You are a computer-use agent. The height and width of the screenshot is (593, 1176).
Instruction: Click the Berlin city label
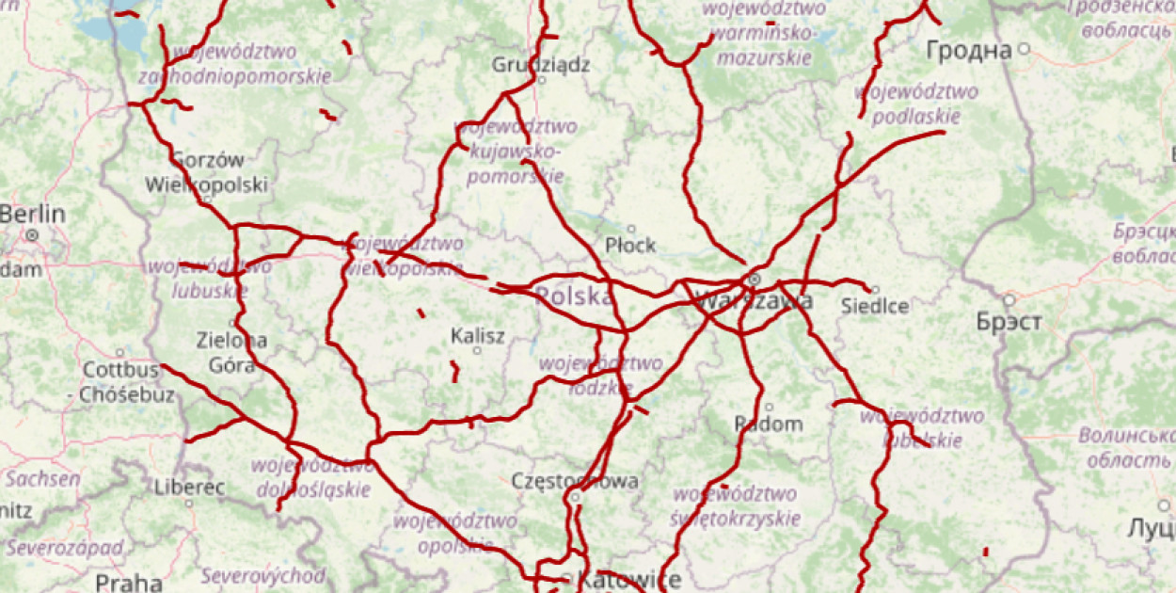[33, 214]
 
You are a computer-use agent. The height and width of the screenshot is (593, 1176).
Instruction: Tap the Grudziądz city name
[541, 65]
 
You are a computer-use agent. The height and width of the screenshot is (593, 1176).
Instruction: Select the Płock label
[630, 245]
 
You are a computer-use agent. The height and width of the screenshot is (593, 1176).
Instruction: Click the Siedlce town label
[875, 306]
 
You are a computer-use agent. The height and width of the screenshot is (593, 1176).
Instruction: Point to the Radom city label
[769, 424]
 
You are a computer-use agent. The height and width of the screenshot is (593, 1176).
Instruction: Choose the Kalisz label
[478, 335]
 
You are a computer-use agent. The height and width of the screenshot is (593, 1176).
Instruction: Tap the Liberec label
[189, 488]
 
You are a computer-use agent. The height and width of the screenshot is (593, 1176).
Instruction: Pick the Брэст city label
[1009, 322]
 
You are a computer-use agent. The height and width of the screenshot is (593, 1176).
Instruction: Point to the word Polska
[574, 297]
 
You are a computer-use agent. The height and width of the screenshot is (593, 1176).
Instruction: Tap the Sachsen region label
[42, 478]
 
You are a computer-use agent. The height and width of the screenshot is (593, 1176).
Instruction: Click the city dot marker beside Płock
[631, 228]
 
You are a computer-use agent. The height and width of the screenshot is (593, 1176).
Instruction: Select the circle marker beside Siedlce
[875, 290]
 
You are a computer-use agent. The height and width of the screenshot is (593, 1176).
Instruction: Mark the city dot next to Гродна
[1024, 48]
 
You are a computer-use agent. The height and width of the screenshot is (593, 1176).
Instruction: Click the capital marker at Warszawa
[754, 280]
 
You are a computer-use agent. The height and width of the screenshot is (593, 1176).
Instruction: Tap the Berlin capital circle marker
[32, 233]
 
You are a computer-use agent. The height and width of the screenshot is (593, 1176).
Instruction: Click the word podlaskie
[916, 117]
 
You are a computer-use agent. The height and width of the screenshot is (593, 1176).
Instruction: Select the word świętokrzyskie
[735, 518]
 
